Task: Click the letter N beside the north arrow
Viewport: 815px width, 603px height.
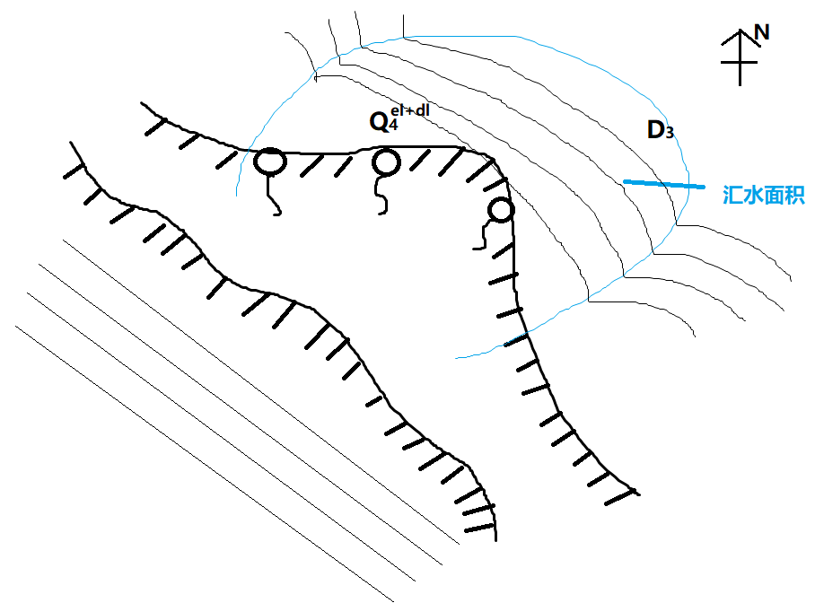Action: tap(761, 32)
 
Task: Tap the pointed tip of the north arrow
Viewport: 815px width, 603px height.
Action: tap(741, 30)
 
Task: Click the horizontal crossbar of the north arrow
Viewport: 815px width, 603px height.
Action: tap(739, 63)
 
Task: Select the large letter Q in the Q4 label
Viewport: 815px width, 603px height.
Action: tap(379, 122)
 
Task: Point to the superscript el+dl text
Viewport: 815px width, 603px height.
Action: tap(410, 110)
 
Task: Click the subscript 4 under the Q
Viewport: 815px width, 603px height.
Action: tap(393, 125)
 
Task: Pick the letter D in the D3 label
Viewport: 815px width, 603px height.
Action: tap(655, 129)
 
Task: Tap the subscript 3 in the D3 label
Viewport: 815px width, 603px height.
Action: tap(670, 133)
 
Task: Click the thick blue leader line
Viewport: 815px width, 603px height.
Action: tap(664, 184)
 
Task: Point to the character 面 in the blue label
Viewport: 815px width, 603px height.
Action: tap(774, 195)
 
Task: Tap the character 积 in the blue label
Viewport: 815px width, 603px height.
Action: tap(794, 195)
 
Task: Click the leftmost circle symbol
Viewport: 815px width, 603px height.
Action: tap(270, 162)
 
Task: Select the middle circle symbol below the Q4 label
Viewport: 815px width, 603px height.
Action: tap(386, 162)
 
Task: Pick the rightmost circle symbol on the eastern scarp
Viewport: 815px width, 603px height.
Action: tap(501, 211)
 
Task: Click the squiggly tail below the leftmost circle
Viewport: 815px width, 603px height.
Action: tap(274, 195)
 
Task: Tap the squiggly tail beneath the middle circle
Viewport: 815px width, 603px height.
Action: tap(382, 195)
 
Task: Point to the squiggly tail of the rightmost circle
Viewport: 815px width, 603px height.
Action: tap(481, 236)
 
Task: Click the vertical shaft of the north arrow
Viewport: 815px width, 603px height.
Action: tap(741, 57)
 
